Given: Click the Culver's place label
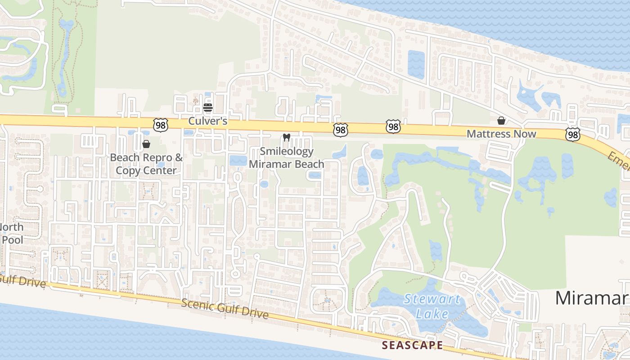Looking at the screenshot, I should pyautogui.click(x=207, y=121).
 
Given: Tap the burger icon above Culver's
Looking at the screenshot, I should pyautogui.click(x=207, y=108).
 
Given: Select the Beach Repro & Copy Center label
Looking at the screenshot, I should pyautogui.click(x=146, y=164).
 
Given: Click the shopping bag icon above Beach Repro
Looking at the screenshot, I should pyautogui.click(x=146, y=144).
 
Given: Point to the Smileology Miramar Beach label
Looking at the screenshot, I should pyautogui.click(x=286, y=158).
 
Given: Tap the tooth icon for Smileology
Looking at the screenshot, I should pyautogui.click(x=286, y=137).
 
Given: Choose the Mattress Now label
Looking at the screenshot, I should pyautogui.click(x=501, y=134).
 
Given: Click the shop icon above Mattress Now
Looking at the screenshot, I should pyautogui.click(x=501, y=121).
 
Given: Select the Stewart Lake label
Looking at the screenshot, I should pyautogui.click(x=432, y=306).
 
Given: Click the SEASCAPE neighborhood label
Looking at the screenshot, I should pyautogui.click(x=412, y=345).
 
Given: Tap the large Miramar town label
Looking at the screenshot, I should pyautogui.click(x=592, y=298).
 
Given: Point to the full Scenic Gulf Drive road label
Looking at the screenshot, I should pyautogui.click(x=225, y=308).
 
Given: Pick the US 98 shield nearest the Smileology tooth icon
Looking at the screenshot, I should pyautogui.click(x=341, y=130).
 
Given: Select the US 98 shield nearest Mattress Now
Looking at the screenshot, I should pyautogui.click(x=572, y=134).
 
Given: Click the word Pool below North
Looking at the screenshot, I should pyautogui.click(x=12, y=239).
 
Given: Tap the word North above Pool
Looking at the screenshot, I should pyautogui.click(x=12, y=227).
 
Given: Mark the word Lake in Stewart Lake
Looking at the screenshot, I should pyautogui.click(x=432, y=314).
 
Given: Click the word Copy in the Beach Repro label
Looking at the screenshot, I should pyautogui.click(x=128, y=171).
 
